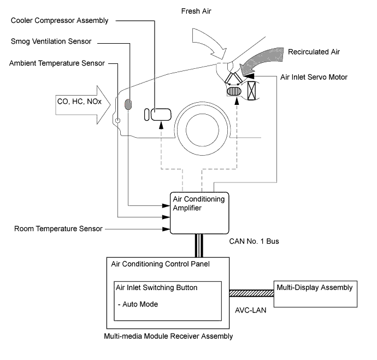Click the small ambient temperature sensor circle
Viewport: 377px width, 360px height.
point(117,119)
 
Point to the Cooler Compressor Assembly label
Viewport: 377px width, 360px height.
point(58,21)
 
